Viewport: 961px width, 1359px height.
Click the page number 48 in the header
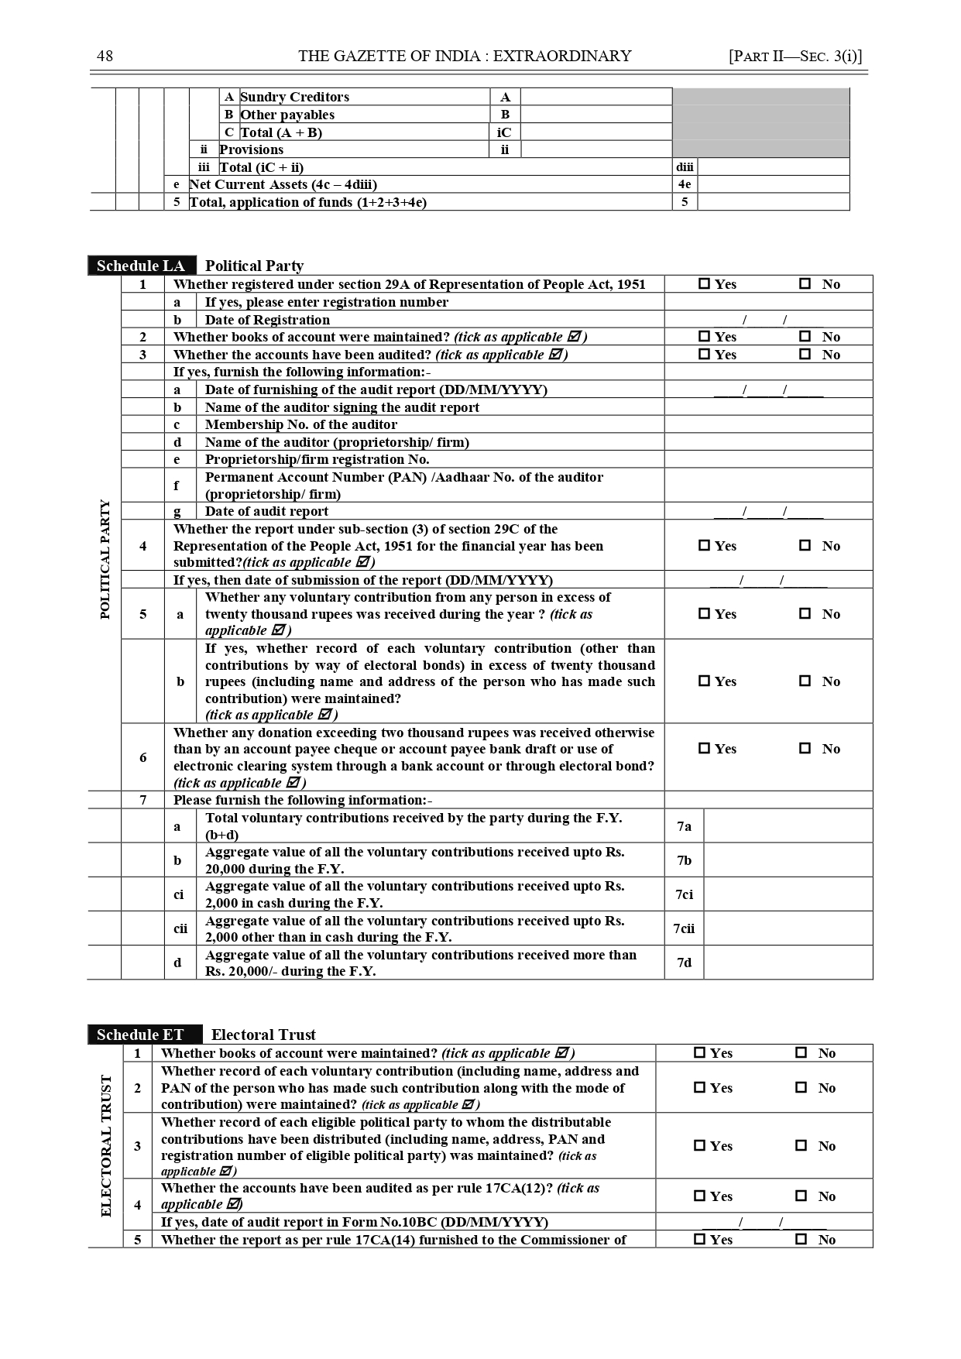click(105, 56)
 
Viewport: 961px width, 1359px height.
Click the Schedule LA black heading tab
click(141, 266)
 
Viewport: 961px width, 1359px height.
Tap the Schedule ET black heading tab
click(140, 1035)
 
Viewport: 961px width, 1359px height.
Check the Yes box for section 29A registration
click(704, 284)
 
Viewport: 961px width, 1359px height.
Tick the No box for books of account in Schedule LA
click(805, 337)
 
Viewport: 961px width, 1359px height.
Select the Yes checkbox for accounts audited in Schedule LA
click(704, 355)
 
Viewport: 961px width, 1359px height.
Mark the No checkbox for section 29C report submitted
click(805, 546)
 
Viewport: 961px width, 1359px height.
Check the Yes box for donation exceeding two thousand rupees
click(704, 749)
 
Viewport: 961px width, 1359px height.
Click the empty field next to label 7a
click(788, 826)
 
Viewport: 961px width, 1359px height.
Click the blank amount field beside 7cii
click(788, 928)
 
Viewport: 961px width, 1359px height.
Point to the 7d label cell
click(684, 963)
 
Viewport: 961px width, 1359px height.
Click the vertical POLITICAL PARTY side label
click(105, 559)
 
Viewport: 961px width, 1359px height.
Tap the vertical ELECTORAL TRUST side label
click(106, 1145)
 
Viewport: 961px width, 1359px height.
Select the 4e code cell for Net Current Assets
click(685, 184)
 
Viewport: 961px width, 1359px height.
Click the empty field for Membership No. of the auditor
click(767, 424)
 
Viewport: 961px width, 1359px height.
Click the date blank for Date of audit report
click(767, 511)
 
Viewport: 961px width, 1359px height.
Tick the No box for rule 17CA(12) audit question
click(801, 1196)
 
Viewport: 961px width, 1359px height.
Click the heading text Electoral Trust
click(263, 1035)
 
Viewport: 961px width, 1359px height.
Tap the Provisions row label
click(251, 149)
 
